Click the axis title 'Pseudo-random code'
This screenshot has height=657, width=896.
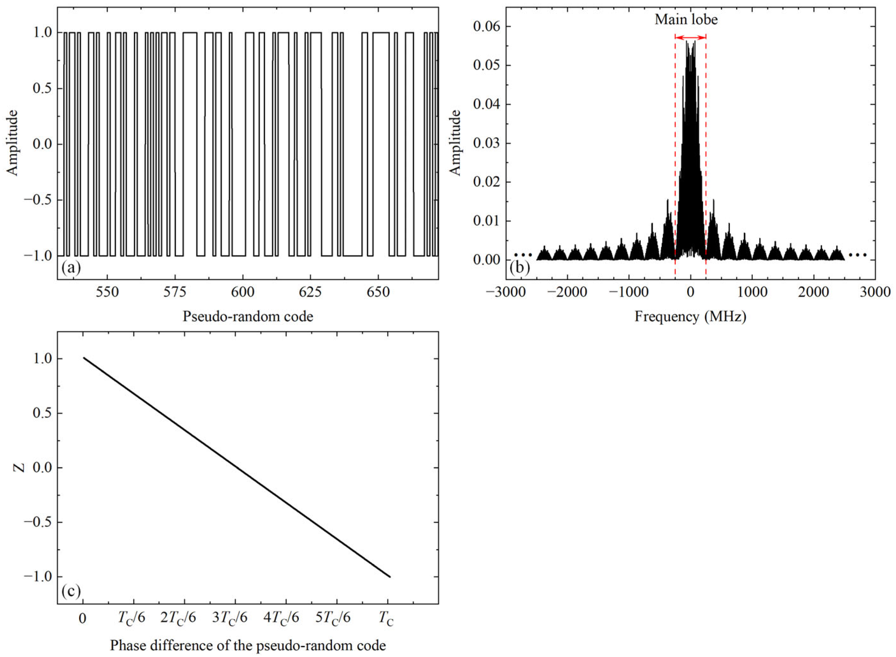coord(248,317)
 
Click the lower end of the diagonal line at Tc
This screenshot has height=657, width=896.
coord(390,576)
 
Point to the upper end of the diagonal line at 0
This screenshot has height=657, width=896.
coord(84,358)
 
